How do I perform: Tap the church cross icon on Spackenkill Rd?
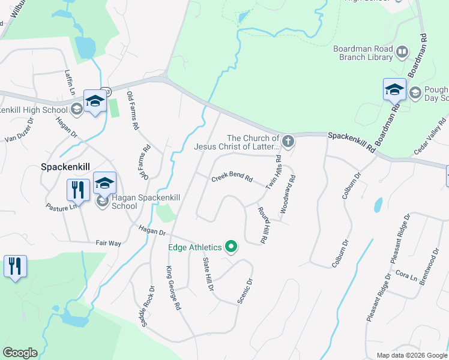pos(288,142)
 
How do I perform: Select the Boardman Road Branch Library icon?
pos(402,53)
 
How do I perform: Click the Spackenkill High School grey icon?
pos(76,109)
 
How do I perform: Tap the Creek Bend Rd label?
pos(232,179)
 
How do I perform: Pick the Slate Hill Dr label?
pos(208,274)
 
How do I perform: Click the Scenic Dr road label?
pos(244,289)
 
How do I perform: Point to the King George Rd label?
pos(173,288)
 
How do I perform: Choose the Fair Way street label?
pos(109,243)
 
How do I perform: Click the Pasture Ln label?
pos(62,207)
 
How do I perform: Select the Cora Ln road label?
pos(402,274)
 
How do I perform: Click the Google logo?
pos(20,353)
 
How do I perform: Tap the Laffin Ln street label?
pos(70,83)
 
